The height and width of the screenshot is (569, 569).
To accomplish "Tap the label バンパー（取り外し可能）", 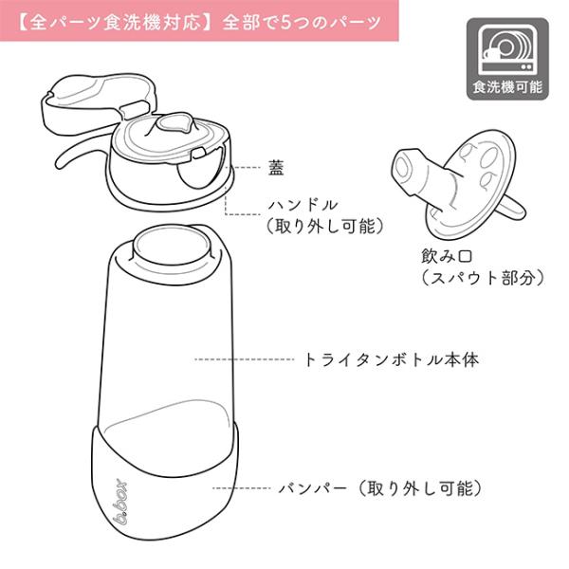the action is (x=380, y=489).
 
